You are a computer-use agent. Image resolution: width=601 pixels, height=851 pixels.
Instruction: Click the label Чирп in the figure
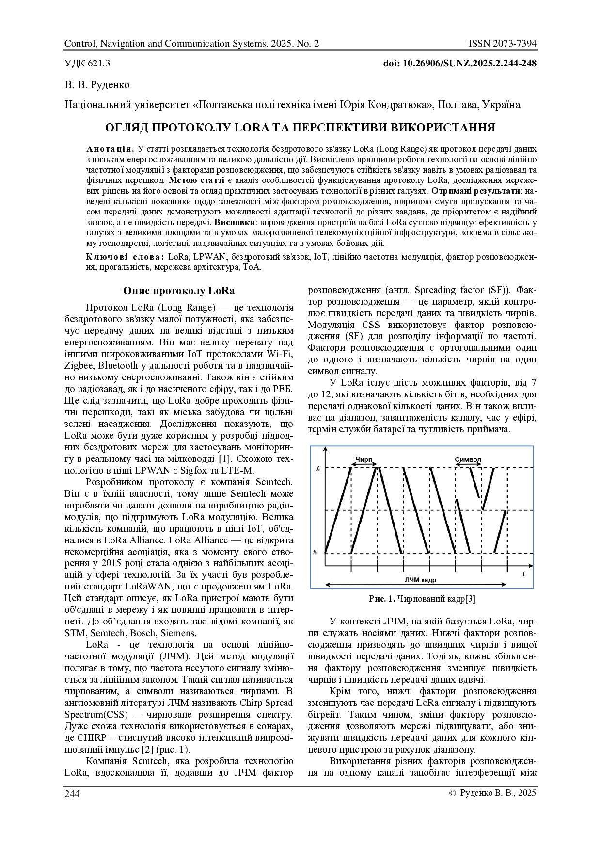[x=364, y=459]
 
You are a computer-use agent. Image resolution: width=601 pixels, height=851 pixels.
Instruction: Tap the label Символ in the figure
[x=468, y=459]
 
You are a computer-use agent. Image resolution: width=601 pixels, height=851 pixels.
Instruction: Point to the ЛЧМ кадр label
[x=420, y=580]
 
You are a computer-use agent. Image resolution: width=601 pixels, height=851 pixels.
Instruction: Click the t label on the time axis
[x=523, y=573]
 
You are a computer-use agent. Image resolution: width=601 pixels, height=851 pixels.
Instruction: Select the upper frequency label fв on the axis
[x=318, y=469]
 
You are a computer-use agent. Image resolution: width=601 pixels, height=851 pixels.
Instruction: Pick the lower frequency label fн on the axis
[x=316, y=552]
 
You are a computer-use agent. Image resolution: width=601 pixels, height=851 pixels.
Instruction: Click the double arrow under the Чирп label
[x=364, y=465]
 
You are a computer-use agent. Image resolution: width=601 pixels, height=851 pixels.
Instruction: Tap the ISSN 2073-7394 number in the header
[x=502, y=44]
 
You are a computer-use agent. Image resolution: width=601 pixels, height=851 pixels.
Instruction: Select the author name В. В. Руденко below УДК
[x=97, y=85]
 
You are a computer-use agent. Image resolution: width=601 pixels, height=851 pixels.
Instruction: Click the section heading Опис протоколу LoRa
[x=178, y=291]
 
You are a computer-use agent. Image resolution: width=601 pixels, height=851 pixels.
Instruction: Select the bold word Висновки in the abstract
[x=235, y=222]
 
